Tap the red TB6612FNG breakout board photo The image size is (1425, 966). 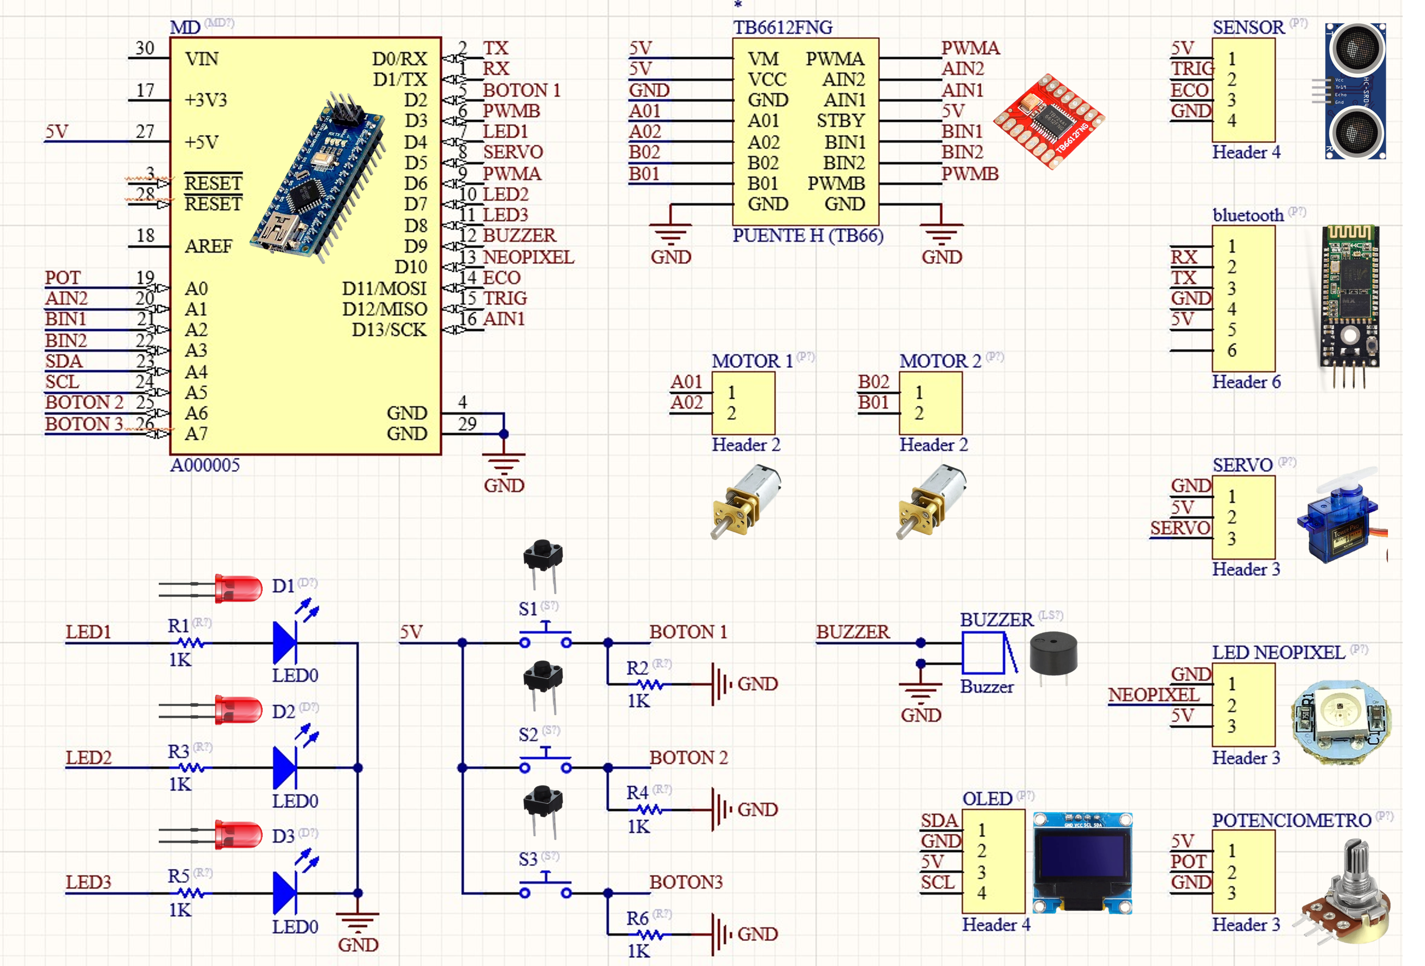[x=1049, y=121]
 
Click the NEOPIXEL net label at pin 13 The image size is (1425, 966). [x=529, y=257]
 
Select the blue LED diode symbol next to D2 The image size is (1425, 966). [x=284, y=767]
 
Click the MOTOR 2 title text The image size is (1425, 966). [x=940, y=361]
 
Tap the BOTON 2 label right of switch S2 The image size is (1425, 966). [x=688, y=758]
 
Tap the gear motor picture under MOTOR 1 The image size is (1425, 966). [x=745, y=502]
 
